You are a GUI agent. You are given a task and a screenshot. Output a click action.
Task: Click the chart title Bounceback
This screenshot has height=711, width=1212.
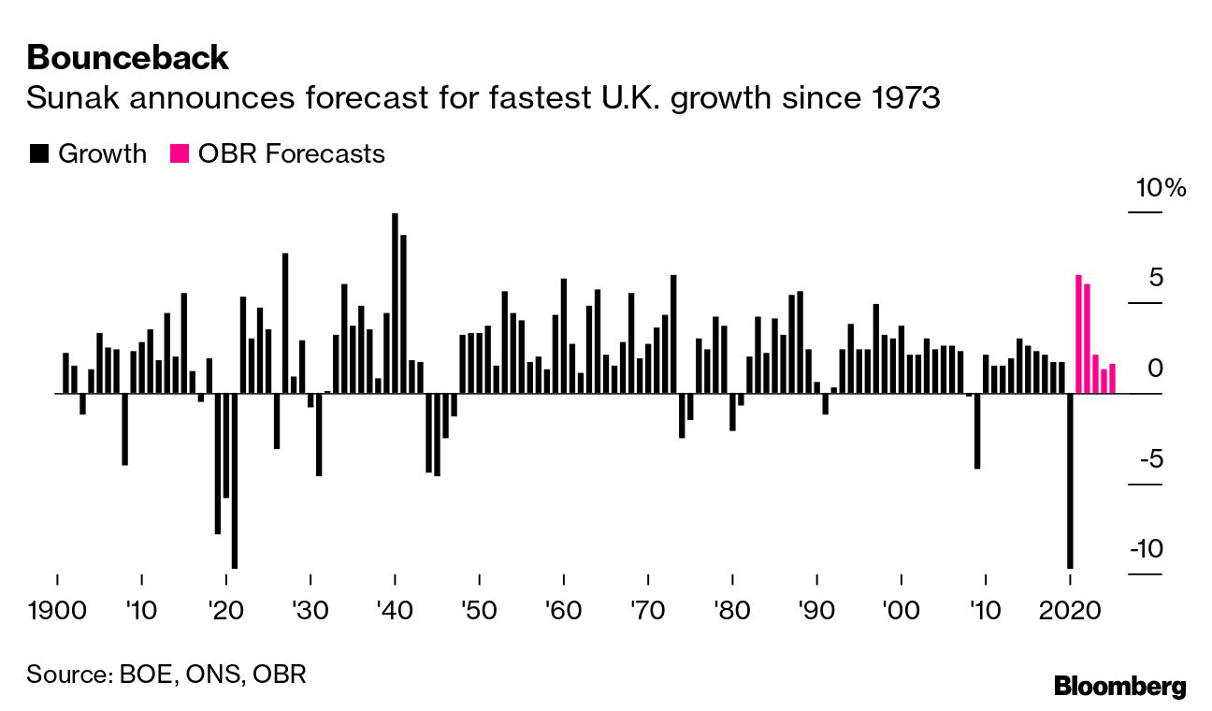127,58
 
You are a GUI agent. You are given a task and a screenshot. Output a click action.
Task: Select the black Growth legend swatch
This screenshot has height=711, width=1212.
38,153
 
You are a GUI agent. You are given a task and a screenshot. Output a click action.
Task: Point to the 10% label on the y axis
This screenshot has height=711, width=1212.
1160,188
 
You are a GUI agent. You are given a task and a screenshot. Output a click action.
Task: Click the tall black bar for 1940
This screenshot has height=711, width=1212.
395,303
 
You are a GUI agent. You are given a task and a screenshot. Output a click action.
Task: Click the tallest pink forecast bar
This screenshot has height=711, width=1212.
1078,334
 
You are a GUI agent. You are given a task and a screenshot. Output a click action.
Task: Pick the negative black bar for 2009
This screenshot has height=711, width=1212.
977,430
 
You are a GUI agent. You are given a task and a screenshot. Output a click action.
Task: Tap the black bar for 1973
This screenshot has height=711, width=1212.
673,334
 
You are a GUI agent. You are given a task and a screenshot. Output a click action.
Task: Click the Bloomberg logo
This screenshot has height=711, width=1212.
1119,686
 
